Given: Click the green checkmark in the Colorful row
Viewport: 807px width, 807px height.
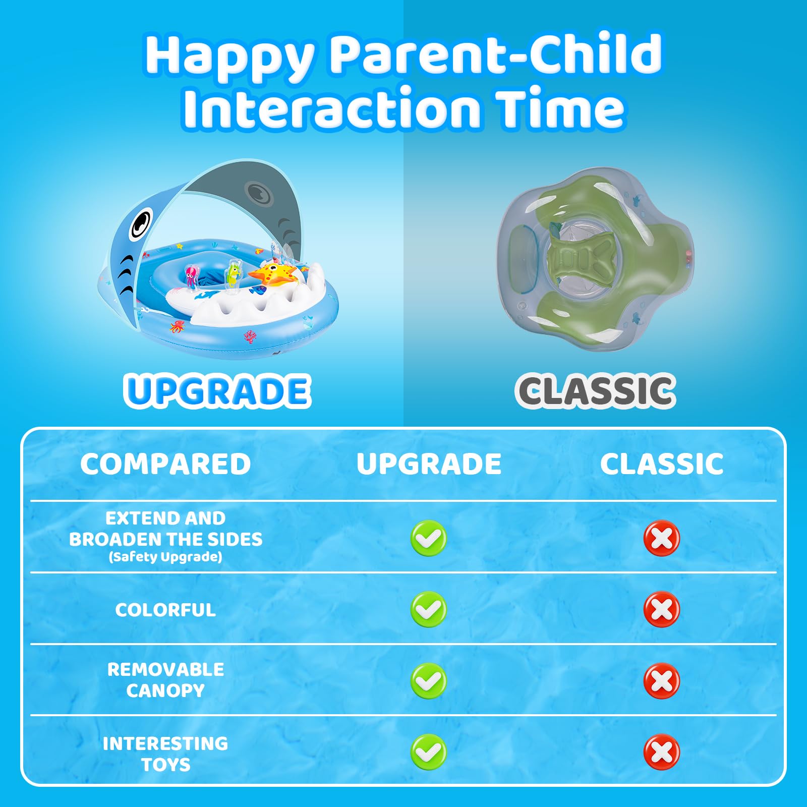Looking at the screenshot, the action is point(429,609).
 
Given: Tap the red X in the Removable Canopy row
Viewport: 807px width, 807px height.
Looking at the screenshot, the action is point(662,681).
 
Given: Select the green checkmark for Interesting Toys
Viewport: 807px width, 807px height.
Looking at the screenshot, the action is point(429,753).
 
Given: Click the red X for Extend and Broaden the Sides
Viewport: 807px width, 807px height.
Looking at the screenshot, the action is point(662,538).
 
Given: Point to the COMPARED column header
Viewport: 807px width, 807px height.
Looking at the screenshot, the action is point(165,464).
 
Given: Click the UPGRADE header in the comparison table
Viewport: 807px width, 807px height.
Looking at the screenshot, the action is point(429,464).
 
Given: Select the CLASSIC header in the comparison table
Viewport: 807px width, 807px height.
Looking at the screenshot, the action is point(662,464).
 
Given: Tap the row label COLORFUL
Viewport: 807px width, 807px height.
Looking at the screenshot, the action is point(165,610).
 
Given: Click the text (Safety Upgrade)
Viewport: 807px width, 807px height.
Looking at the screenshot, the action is point(165,557).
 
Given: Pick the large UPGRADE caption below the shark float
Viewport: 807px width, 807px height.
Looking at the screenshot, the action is point(217,391).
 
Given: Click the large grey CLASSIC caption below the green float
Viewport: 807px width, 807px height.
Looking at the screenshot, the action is point(595,391).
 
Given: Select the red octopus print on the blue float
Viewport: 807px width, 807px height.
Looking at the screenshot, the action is point(178,326).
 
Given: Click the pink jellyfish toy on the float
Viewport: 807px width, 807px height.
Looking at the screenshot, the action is point(191,276).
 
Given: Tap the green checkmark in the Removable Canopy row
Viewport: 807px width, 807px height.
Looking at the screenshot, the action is point(429,681).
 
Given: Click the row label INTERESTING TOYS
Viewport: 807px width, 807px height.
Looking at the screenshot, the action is point(165,754).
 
